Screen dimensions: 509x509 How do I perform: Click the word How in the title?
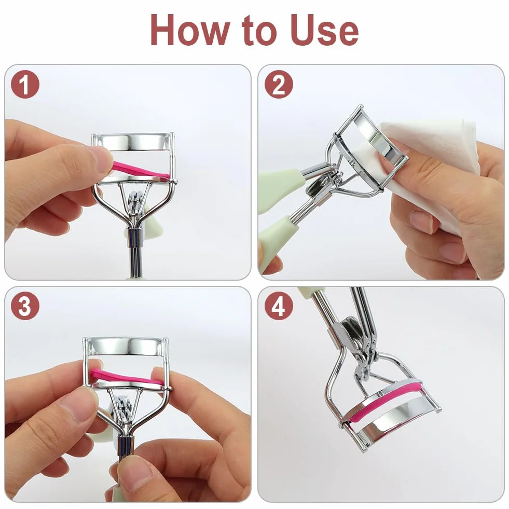[190, 30]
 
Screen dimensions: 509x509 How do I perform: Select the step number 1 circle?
[25, 85]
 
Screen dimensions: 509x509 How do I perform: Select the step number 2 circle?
[279, 85]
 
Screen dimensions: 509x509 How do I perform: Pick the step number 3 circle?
[25, 306]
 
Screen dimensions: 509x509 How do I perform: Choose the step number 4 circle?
[279, 306]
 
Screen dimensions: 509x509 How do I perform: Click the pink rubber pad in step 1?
[140, 170]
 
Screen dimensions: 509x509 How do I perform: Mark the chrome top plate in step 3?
[126, 347]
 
